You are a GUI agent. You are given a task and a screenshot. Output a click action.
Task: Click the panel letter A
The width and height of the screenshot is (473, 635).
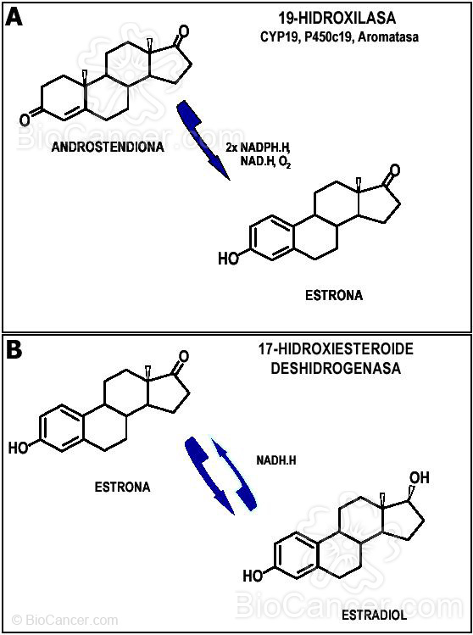pyautogui.click(x=14, y=16)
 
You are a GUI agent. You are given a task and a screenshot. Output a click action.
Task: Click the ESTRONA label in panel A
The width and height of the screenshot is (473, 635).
pyautogui.click(x=333, y=296)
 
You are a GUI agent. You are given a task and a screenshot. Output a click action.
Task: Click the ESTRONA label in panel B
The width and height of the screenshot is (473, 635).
pyautogui.click(x=123, y=487)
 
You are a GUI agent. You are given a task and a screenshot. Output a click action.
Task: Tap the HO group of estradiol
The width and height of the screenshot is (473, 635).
pyautogui.click(x=253, y=576)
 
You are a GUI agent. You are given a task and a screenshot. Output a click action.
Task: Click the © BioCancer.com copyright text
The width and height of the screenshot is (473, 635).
pyautogui.click(x=65, y=620)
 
